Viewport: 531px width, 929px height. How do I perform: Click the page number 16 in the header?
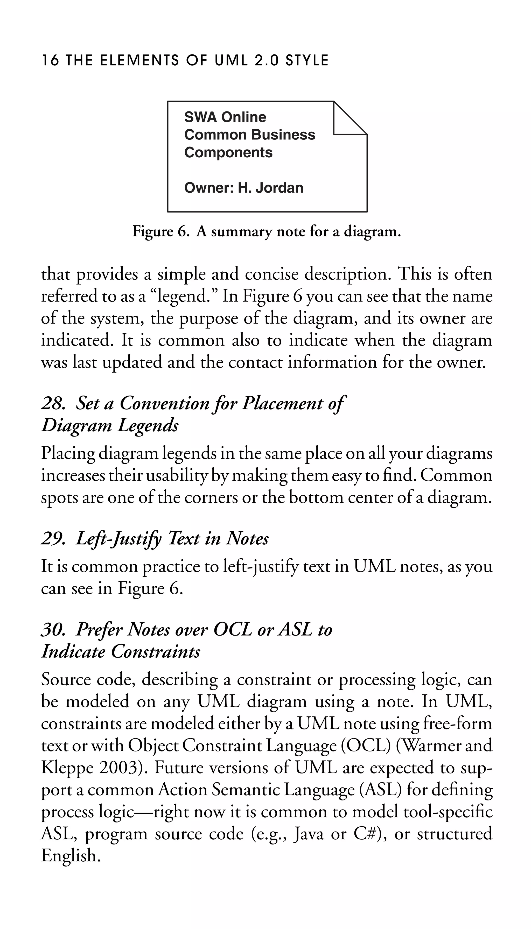click(x=50, y=60)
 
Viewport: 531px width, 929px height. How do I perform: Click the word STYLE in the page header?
click(x=307, y=60)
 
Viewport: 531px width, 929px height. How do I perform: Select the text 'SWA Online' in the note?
click(x=225, y=117)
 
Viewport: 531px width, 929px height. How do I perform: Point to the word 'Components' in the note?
click(x=228, y=152)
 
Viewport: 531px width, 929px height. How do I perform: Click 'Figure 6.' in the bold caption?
click(x=161, y=231)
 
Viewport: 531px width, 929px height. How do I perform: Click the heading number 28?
click(x=53, y=403)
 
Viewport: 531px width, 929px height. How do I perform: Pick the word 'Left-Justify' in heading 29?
click(x=118, y=539)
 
